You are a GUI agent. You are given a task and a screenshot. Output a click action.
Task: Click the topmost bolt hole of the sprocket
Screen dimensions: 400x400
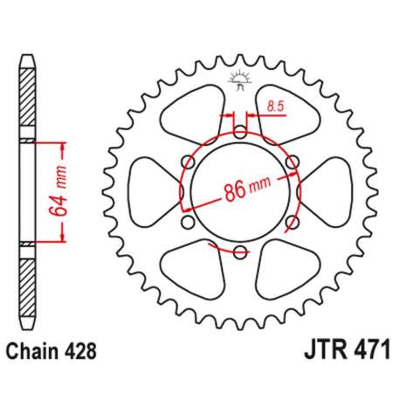pos(240,132)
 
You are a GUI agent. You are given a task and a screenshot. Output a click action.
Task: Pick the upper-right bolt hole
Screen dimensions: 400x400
pos(292,162)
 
